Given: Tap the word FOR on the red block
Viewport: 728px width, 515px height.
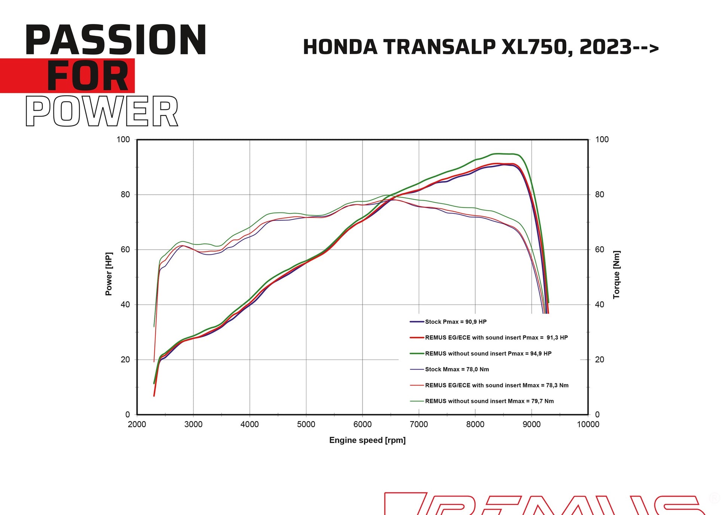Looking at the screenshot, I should (88, 76).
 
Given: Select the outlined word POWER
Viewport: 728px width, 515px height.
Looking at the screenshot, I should (102, 111).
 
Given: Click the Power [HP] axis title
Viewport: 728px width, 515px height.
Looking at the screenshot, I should (108, 274).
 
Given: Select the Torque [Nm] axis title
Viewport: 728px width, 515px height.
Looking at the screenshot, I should (616, 274).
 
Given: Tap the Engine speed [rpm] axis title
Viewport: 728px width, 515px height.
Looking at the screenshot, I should (367, 440).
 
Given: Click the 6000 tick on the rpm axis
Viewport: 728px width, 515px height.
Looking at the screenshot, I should (362, 424).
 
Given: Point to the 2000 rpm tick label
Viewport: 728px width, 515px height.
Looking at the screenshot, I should (137, 424).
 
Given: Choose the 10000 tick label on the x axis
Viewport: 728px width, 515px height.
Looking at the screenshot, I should (588, 424).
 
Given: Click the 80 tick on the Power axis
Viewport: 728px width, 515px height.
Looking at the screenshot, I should (125, 195).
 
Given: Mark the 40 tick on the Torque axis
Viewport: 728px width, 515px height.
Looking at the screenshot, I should (599, 305).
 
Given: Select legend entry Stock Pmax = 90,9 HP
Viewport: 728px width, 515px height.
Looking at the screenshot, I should (455, 322).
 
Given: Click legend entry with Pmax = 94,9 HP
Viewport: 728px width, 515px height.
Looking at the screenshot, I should (488, 354).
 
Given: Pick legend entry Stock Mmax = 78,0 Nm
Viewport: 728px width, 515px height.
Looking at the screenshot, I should (456, 369).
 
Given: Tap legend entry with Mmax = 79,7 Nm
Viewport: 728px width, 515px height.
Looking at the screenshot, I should (489, 401).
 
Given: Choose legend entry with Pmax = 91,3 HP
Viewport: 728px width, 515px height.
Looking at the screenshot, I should (496, 338).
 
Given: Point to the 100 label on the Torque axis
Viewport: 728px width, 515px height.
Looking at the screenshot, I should (602, 140).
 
